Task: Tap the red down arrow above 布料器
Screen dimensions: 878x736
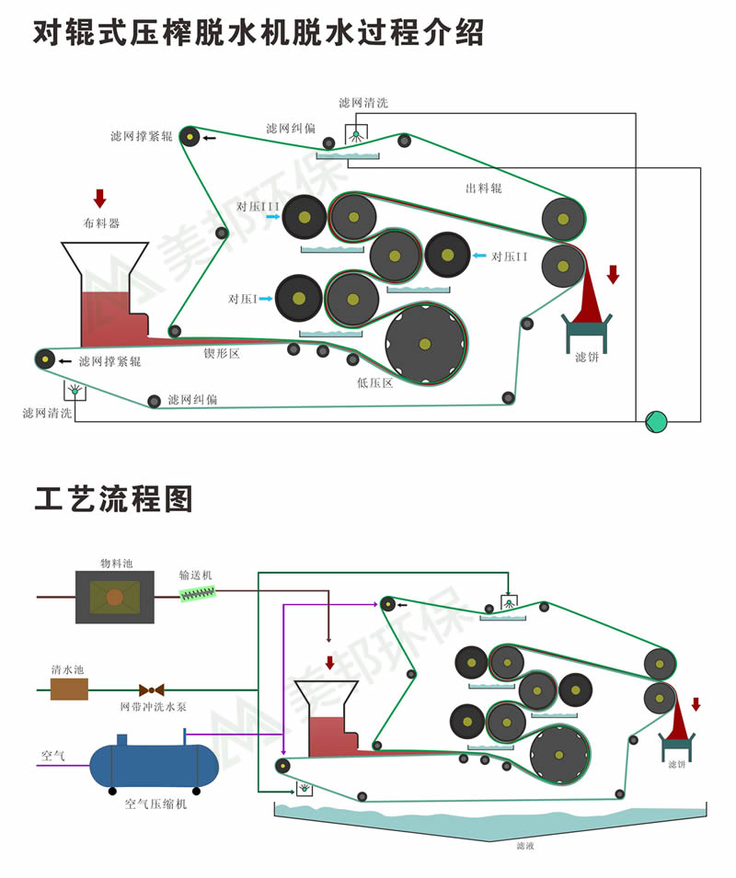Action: click(x=100, y=198)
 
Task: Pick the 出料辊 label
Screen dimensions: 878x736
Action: click(x=483, y=188)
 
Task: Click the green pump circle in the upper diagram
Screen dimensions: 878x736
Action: click(x=656, y=421)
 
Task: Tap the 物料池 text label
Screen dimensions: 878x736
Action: click(x=115, y=563)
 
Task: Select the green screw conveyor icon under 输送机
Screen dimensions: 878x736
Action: click(x=196, y=595)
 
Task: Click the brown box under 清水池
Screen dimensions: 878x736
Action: click(x=69, y=689)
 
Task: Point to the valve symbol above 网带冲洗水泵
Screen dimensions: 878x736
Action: click(x=152, y=689)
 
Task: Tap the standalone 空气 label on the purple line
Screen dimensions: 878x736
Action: click(x=52, y=756)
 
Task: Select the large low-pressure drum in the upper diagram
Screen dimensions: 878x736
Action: click(x=425, y=344)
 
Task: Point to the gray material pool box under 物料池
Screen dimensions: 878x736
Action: click(x=115, y=597)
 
